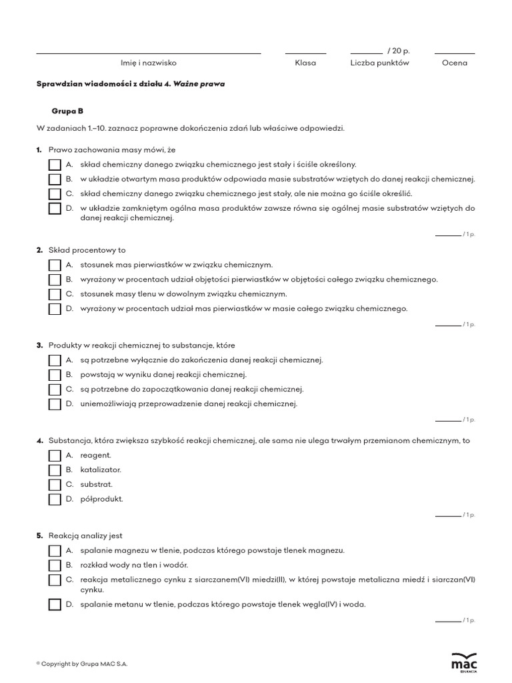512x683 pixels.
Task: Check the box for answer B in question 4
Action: [x=55, y=470]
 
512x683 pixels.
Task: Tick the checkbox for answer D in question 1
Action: [x=55, y=209]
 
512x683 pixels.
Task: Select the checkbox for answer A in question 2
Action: [x=55, y=265]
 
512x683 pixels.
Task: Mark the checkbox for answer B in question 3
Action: [x=55, y=375]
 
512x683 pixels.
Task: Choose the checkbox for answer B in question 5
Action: [x=55, y=566]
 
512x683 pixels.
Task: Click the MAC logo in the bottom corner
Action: [x=464, y=662]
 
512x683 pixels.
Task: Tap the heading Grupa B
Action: [x=67, y=111]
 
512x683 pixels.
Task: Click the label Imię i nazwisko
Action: [x=148, y=63]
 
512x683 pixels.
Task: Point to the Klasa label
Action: [x=305, y=63]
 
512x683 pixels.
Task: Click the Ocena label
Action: [x=455, y=63]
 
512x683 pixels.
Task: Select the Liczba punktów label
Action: [x=379, y=63]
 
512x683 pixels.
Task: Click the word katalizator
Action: [x=101, y=470]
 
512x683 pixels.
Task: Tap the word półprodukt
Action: [x=101, y=499]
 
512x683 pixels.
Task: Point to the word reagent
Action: [x=95, y=455]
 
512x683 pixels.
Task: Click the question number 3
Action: [x=39, y=346]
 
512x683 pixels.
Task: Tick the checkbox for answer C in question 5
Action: [x=55, y=580]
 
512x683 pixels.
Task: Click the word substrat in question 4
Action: [x=97, y=484]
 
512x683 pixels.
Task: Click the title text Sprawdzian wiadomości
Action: [x=131, y=85]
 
